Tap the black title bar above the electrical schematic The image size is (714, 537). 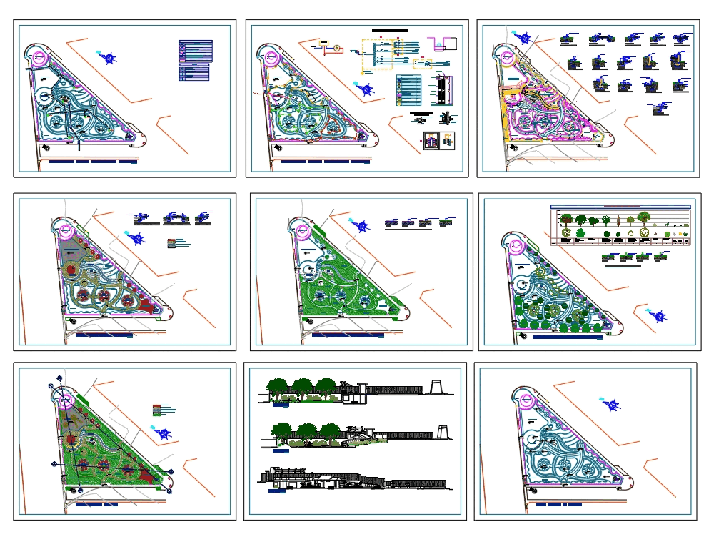point(390,31)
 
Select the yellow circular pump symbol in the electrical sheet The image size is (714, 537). point(336,48)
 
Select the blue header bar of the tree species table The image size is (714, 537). point(621,207)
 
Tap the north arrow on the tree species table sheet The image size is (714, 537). point(658,315)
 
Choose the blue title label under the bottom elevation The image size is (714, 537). point(276,491)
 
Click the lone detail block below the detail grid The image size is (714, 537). point(658,109)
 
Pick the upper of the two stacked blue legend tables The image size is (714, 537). point(196,51)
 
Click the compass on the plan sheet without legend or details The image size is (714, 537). point(611,405)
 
